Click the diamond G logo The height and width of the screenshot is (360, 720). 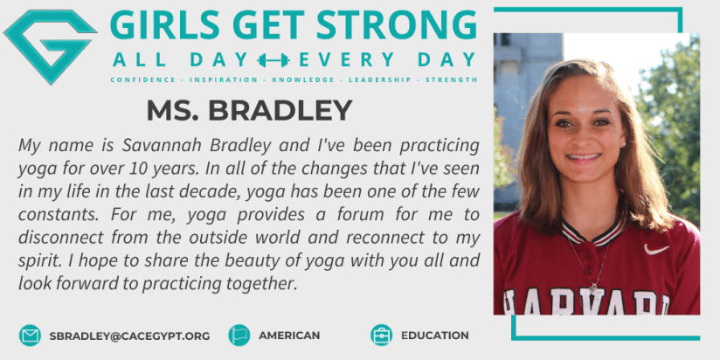click(x=50, y=46)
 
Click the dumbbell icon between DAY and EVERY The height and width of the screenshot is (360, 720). click(x=273, y=60)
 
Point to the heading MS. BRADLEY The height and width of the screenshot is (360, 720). click(x=249, y=110)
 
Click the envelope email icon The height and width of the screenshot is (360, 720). click(x=30, y=336)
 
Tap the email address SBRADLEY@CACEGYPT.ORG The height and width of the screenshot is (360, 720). click(x=129, y=336)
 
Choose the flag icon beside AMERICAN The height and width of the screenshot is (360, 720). click(x=239, y=336)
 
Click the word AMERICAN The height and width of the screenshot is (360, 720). click(x=289, y=336)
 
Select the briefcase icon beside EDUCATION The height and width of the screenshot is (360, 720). click(x=382, y=336)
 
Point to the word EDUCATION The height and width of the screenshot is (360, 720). click(x=435, y=336)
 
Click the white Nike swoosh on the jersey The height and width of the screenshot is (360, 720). click(x=656, y=249)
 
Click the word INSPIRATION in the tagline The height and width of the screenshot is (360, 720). click(x=224, y=80)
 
